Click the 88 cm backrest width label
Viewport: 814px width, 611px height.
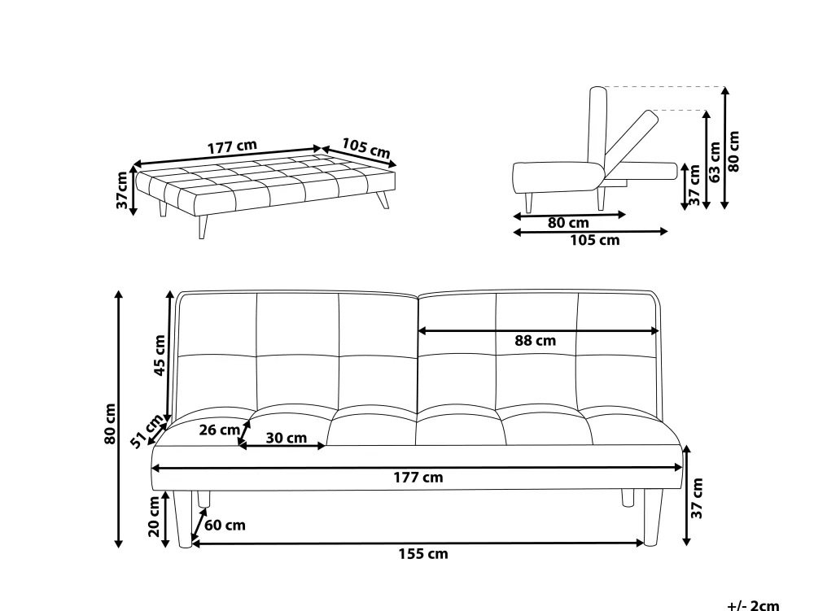coord(535,342)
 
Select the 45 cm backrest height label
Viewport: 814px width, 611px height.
coord(160,356)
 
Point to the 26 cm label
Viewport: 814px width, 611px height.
coord(219,430)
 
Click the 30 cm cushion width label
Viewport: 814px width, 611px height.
coord(286,439)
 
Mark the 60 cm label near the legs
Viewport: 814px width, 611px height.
coord(225,526)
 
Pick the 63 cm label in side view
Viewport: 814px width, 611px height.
coord(715,161)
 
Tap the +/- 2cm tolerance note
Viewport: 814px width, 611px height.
coord(753,604)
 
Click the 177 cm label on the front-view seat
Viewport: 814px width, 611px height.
coord(421,478)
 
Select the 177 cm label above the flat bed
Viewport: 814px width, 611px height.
coord(231,147)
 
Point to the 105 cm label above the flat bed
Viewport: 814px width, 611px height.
coord(365,147)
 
